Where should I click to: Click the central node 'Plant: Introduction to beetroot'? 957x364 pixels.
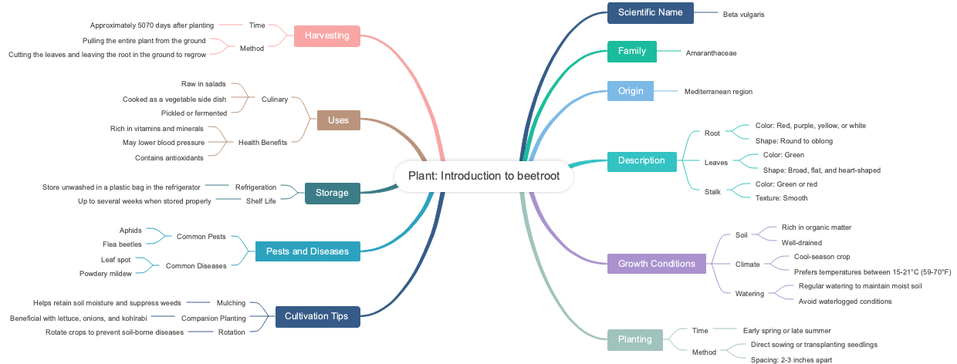tap(484, 176)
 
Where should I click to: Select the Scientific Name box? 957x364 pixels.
tap(650, 13)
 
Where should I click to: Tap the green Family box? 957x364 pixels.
tap(631, 52)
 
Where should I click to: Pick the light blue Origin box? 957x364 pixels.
tap(630, 91)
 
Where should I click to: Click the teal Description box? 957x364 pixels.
tap(641, 161)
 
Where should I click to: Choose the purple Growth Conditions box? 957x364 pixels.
tap(656, 264)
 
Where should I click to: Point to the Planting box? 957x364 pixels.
tap(634, 339)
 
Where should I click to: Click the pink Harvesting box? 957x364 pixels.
tap(326, 35)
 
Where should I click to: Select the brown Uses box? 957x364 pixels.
tap(338, 120)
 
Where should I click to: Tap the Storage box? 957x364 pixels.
tap(332, 193)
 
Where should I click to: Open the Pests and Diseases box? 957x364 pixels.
tap(307, 251)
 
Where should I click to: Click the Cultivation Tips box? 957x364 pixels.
tap(316, 316)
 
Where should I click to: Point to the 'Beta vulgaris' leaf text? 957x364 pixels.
tap(743, 14)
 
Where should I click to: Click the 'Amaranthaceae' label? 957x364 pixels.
tap(711, 52)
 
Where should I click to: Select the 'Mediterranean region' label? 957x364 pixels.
tap(718, 92)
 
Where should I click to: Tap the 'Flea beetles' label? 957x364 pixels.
tap(124, 244)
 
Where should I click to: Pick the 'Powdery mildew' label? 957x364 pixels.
tap(106, 274)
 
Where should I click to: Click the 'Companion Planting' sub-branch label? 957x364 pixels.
tap(213, 318)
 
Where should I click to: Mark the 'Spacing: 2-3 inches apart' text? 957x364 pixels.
tap(791, 359)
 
